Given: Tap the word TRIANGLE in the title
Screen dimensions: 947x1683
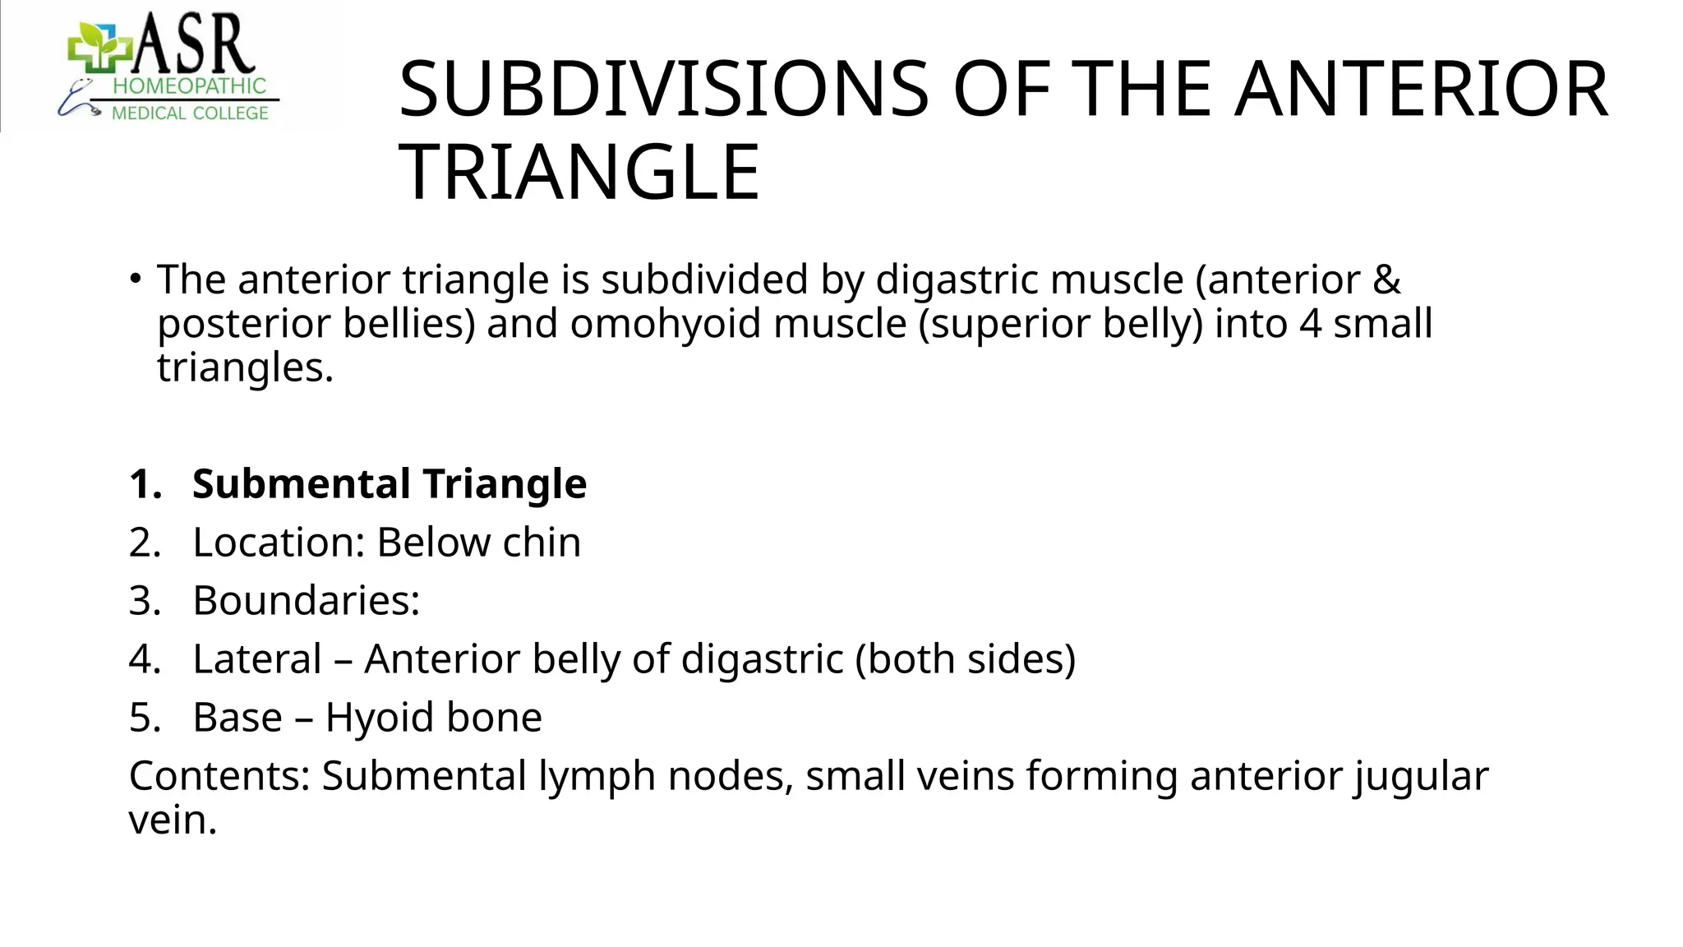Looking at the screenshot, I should pos(579,173).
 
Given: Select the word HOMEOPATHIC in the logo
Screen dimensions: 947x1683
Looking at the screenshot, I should pos(189,86).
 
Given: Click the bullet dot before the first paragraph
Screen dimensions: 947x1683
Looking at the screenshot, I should pos(135,279).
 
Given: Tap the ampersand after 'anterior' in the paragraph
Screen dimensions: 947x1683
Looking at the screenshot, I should pos(1386,279).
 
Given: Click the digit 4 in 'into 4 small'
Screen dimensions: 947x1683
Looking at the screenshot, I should pos(1310,323).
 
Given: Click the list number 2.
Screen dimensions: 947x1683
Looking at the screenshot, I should pos(145,543).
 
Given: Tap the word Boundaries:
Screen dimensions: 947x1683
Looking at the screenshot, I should pos(307,601).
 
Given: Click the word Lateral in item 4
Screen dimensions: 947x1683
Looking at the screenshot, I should pos(257,659).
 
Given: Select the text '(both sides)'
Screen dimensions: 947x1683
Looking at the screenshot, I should pos(965,659).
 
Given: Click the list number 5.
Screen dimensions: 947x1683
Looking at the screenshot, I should pos(145,718).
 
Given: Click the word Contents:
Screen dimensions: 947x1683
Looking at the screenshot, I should pos(219,776).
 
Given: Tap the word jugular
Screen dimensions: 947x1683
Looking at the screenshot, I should pos(1422,777).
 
